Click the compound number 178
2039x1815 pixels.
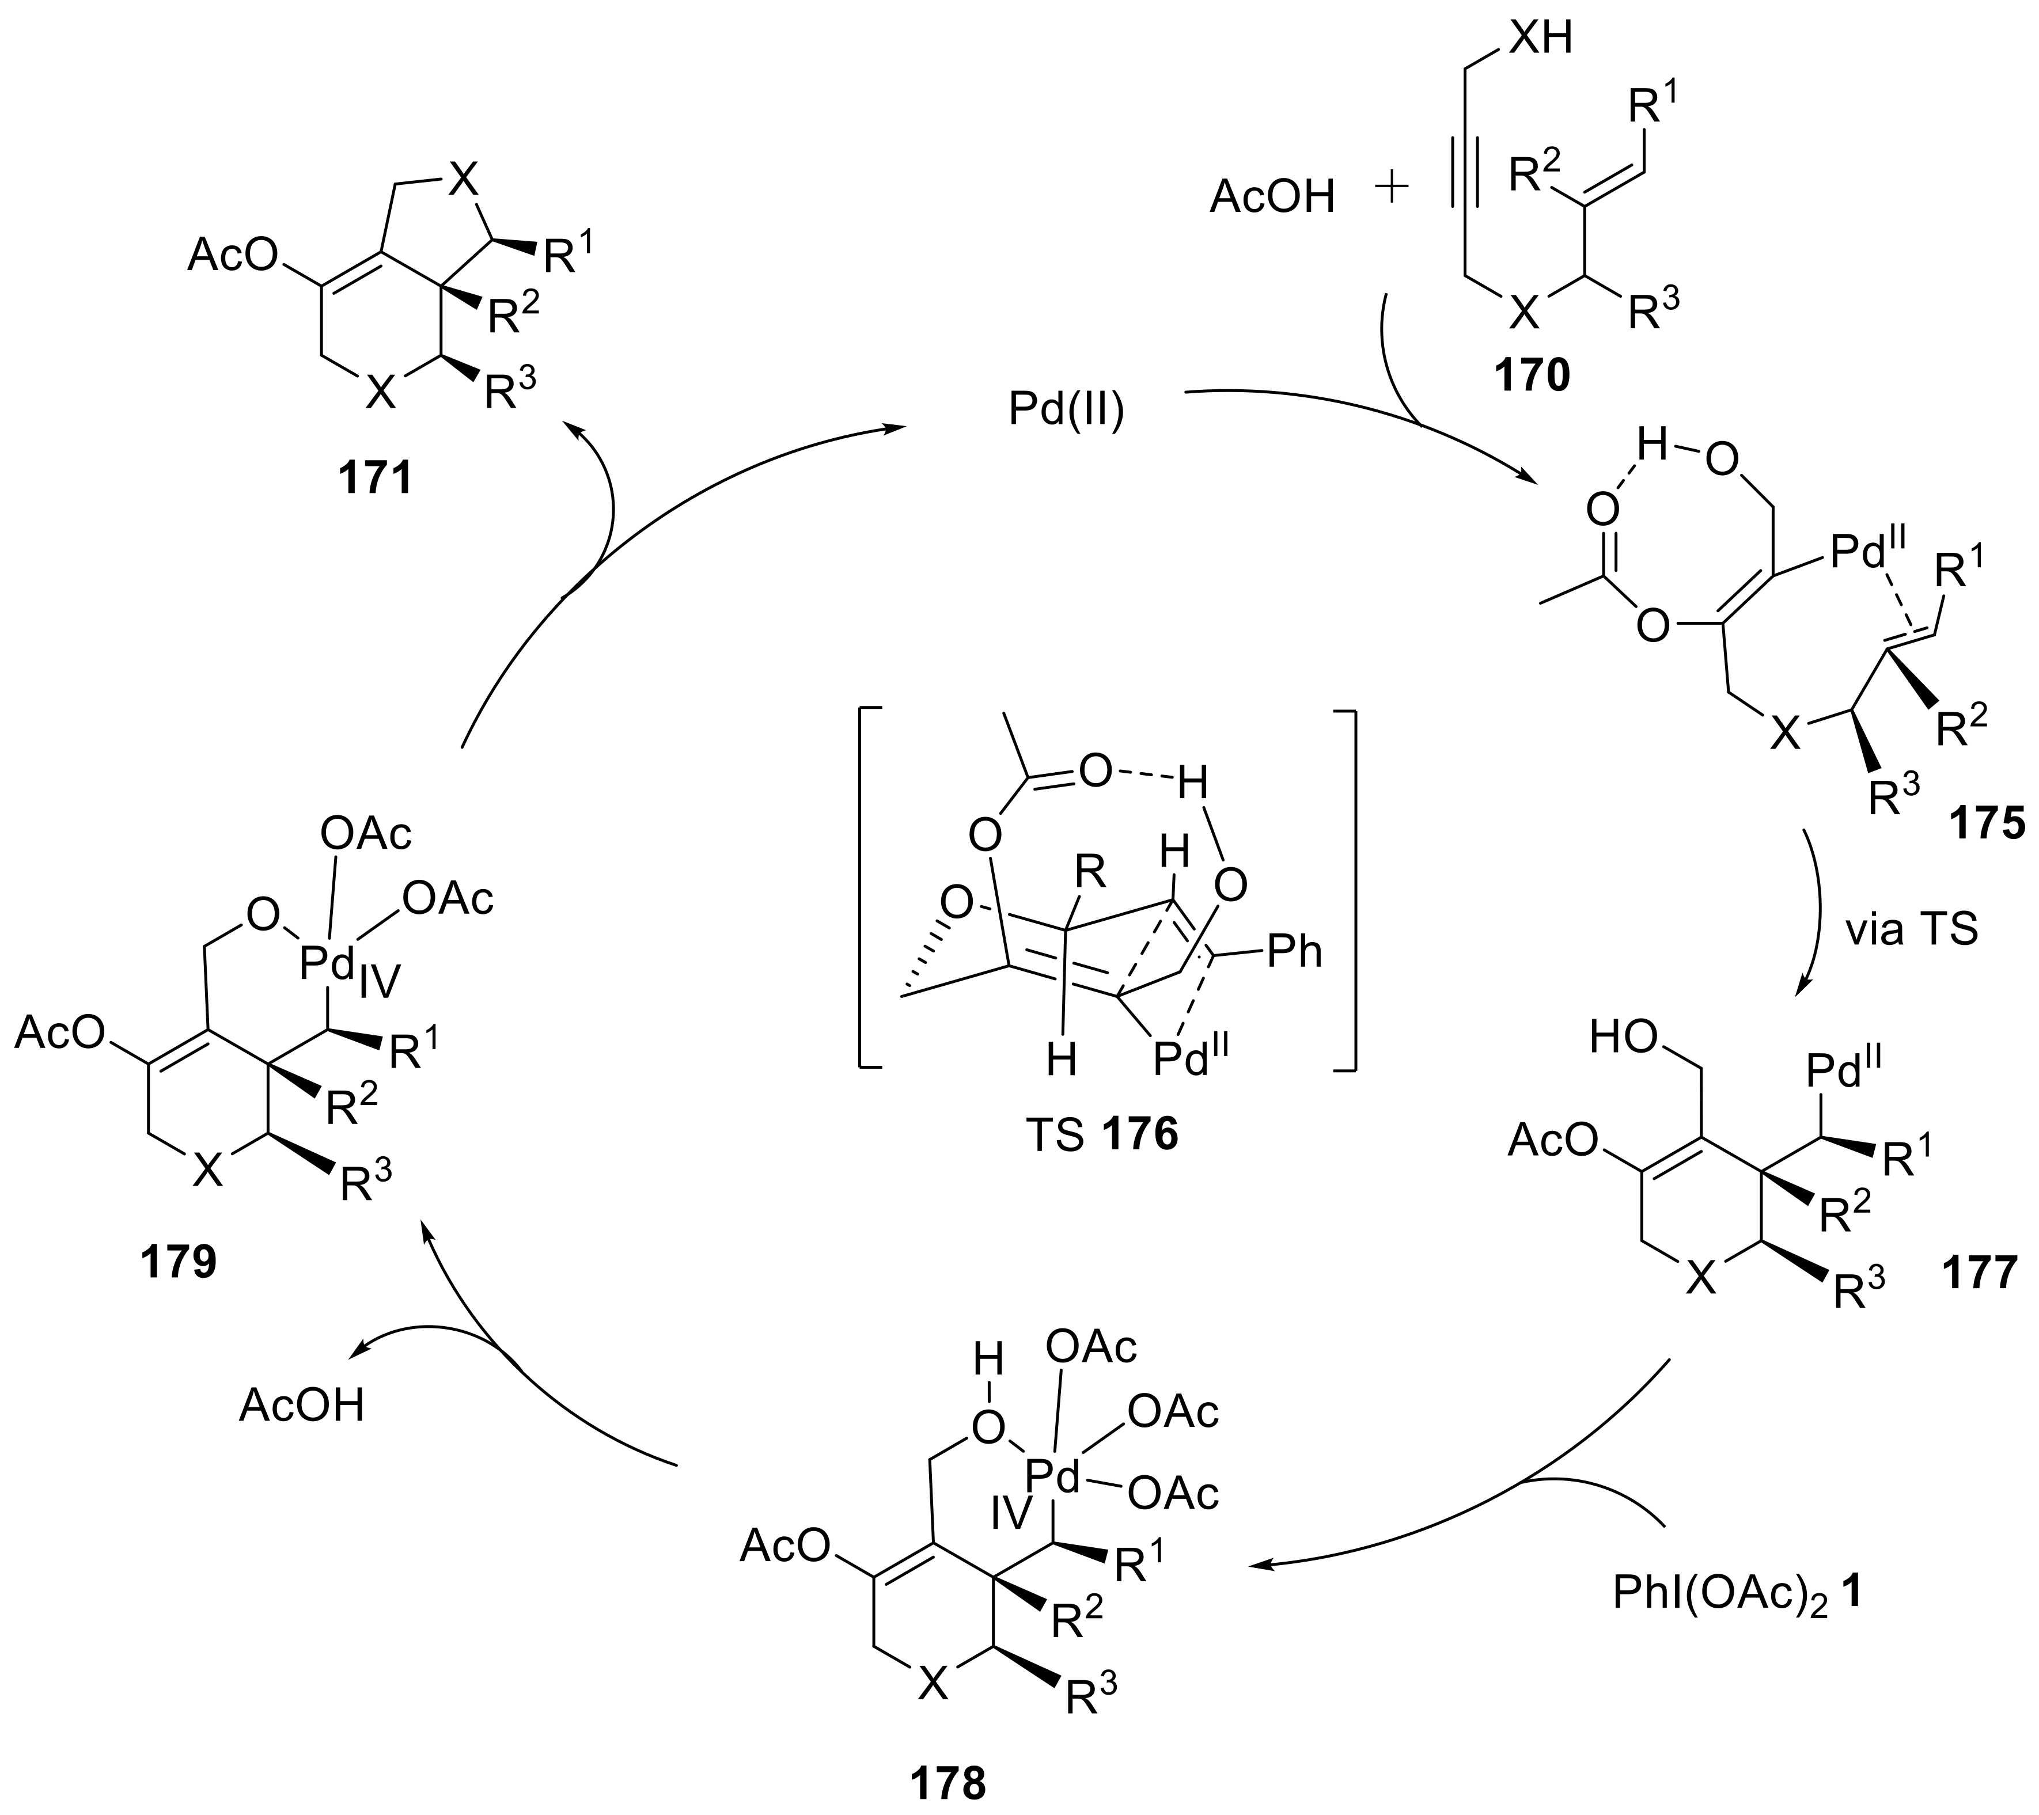tap(947, 1783)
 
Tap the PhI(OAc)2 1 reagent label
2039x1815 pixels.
tap(1737, 1594)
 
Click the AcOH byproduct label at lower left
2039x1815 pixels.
tap(301, 1406)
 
